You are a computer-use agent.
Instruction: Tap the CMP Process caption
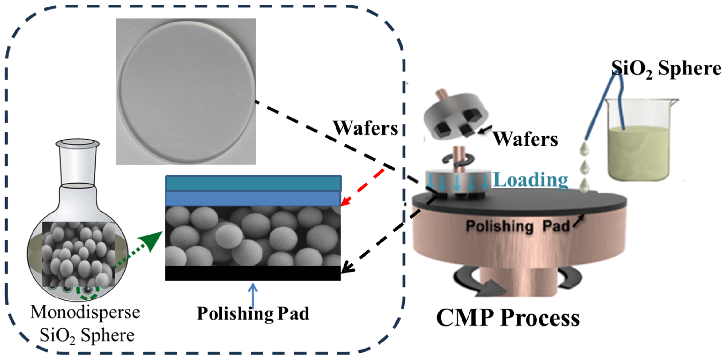pos(508,318)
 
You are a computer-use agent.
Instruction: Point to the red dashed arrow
pos(362,187)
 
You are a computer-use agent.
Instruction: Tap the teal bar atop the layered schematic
pos(253,184)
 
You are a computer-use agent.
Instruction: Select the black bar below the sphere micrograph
pos(253,273)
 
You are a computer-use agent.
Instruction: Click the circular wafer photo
pos(186,91)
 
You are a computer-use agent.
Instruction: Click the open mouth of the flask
pos(78,143)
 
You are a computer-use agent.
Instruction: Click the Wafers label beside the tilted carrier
pos(526,139)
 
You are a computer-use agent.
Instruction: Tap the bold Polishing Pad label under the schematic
pos(253,313)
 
